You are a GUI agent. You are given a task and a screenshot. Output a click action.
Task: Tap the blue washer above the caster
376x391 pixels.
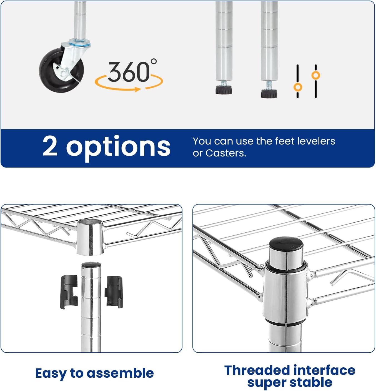80,43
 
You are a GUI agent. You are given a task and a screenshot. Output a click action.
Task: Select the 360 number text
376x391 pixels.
129,72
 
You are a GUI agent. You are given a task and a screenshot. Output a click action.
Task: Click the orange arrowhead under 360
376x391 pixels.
138,89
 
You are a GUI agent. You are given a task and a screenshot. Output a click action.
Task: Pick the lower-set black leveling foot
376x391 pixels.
269,93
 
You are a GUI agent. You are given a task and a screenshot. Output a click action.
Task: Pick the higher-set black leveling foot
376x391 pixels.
224,89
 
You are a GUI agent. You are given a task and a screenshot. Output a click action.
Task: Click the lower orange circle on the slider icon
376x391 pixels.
298,88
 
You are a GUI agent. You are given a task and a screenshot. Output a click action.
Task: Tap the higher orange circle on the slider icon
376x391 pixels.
316,75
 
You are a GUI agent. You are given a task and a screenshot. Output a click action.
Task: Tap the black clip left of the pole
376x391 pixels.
69,292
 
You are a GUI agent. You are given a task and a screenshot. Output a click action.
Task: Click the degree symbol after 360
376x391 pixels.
154,62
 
